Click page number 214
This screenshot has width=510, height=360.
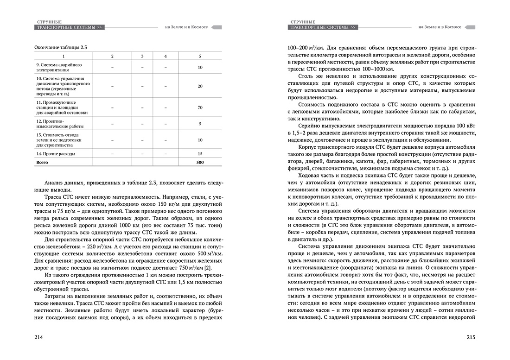pyautogui.click(x=39, y=337)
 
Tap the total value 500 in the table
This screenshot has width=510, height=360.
pyautogui.click(x=200, y=163)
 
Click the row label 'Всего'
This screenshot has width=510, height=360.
pyautogui.click(x=42, y=163)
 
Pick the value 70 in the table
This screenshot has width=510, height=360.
pyautogui.click(x=200, y=107)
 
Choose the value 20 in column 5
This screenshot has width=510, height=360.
pyautogui.click(x=200, y=87)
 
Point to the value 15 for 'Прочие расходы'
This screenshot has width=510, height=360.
pyautogui.click(x=200, y=153)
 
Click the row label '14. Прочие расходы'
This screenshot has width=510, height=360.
pyautogui.click(x=56, y=153)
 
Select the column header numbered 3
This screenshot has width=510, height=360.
pyautogui.click(x=142, y=56)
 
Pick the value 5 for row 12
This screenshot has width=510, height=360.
pyautogui.click(x=200, y=123)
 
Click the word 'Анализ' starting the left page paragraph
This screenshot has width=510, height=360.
pyautogui.click(x=55, y=181)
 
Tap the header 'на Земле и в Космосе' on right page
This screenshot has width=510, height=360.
pyautogui.click(x=440, y=27)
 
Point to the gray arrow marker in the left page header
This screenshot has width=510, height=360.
pyautogui.click(x=217, y=27)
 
